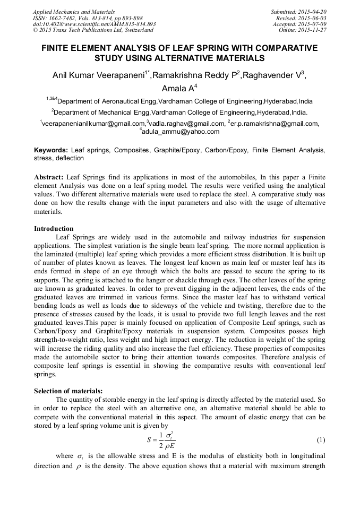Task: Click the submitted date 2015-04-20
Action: click(313, 12)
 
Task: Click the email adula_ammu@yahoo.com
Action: click(181, 132)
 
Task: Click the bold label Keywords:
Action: click(51, 151)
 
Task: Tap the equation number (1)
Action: click(320, 440)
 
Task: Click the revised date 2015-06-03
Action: click(314, 18)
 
